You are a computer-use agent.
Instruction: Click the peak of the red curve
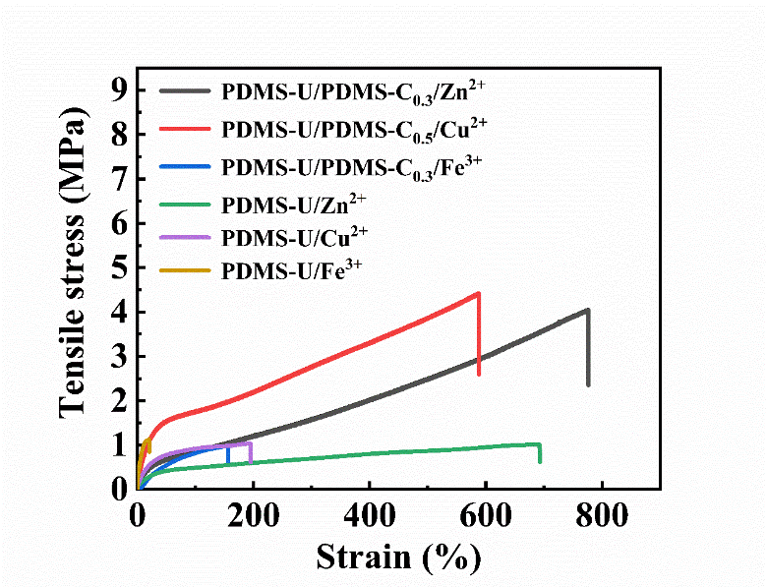(x=478, y=293)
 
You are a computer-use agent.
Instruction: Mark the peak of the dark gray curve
(x=587, y=310)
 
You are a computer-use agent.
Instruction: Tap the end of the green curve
(x=540, y=460)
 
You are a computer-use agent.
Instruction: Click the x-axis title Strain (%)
(x=398, y=557)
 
